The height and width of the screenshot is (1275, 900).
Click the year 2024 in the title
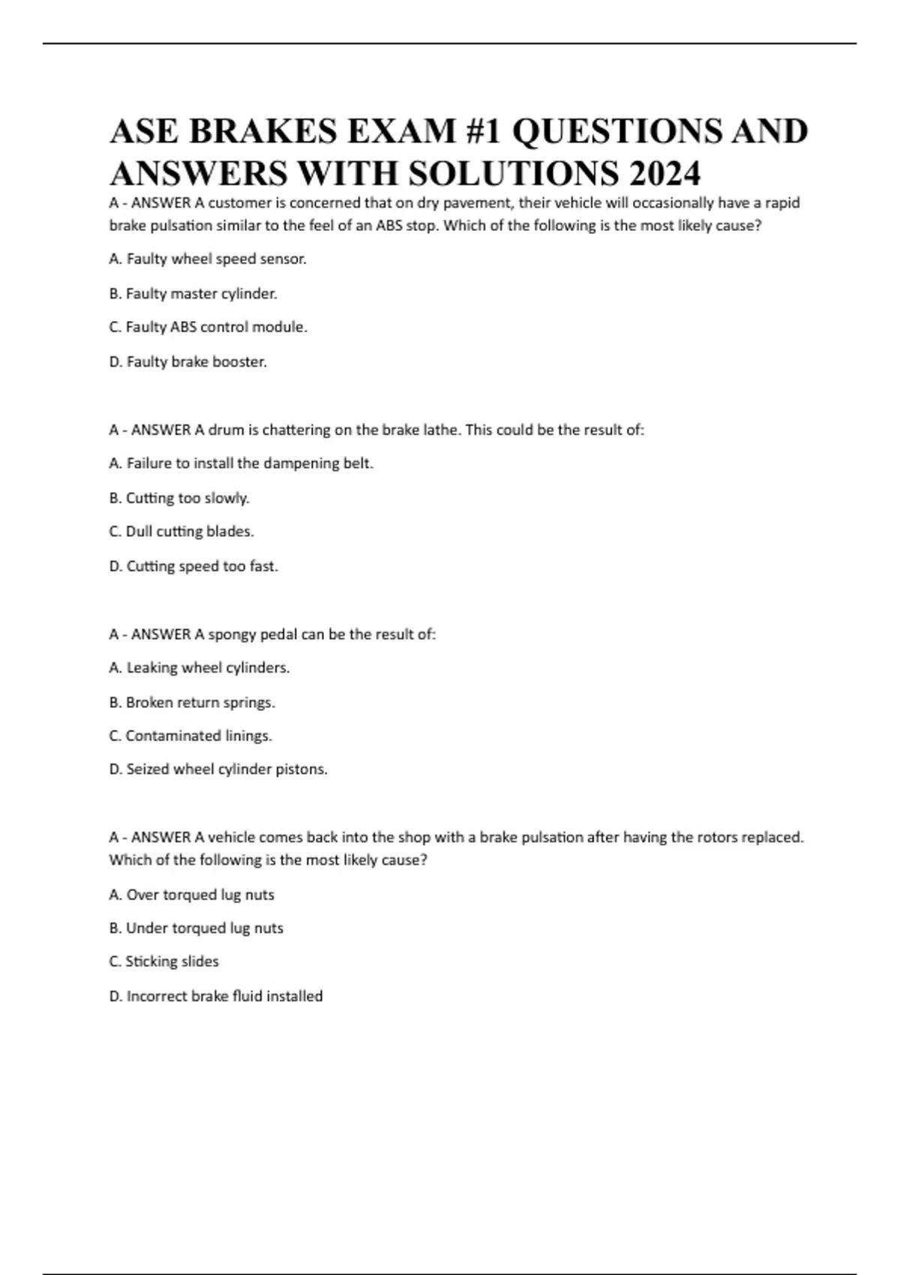[664, 173]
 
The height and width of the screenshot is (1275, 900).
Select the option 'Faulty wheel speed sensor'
[208, 259]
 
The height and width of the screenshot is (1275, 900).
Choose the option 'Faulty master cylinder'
[193, 293]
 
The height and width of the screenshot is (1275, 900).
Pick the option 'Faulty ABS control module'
[208, 327]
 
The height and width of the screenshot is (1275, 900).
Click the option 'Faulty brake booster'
[188, 361]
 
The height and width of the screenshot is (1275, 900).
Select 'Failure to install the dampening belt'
[241, 463]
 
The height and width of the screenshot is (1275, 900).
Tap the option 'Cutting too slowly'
[179, 498]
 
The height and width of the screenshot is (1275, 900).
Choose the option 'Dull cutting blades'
[181, 531]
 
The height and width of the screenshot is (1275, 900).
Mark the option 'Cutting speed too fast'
[193, 566]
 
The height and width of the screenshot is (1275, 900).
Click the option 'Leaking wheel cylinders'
[199, 667]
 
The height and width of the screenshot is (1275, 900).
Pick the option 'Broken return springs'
[192, 702]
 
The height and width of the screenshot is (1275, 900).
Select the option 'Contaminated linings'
[190, 736]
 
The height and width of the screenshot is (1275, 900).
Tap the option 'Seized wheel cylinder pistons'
[218, 769]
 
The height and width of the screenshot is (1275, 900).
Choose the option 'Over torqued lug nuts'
[192, 895]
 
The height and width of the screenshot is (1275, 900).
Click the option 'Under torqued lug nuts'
[196, 928]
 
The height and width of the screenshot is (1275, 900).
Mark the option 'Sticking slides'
[164, 961]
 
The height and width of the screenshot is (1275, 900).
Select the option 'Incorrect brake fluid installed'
[216, 996]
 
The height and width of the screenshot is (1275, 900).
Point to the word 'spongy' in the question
[232, 634]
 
